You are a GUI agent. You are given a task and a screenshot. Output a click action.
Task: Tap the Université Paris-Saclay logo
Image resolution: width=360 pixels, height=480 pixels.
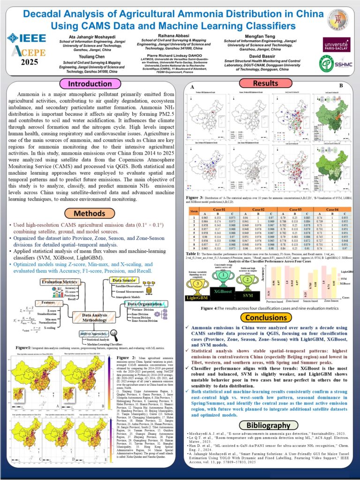tap(337, 46)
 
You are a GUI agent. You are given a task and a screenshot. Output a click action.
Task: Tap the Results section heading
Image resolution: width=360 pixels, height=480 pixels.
tap(259, 84)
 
